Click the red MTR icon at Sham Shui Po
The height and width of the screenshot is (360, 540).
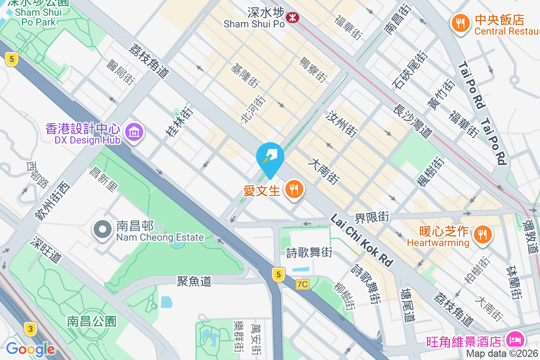pyautogui.click(x=292, y=18)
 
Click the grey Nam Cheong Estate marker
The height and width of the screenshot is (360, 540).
pyautogui.click(x=103, y=229)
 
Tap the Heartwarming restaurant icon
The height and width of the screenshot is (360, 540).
pyautogui.click(x=482, y=234)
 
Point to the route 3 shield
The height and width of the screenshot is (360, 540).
pyautogui.click(x=30, y=329)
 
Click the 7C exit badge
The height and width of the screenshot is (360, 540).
pyautogui.click(x=303, y=284)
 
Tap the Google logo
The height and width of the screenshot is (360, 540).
pyautogui.click(x=31, y=349)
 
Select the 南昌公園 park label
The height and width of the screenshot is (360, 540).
pyautogui.click(x=92, y=321)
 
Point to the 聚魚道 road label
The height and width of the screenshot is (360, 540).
pyautogui.click(x=194, y=281)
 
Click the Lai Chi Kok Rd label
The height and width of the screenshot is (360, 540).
pyautogui.click(x=361, y=239)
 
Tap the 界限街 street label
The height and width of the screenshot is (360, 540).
pyautogui.click(x=372, y=216)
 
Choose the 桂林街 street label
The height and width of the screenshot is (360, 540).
pyautogui.click(x=179, y=121)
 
